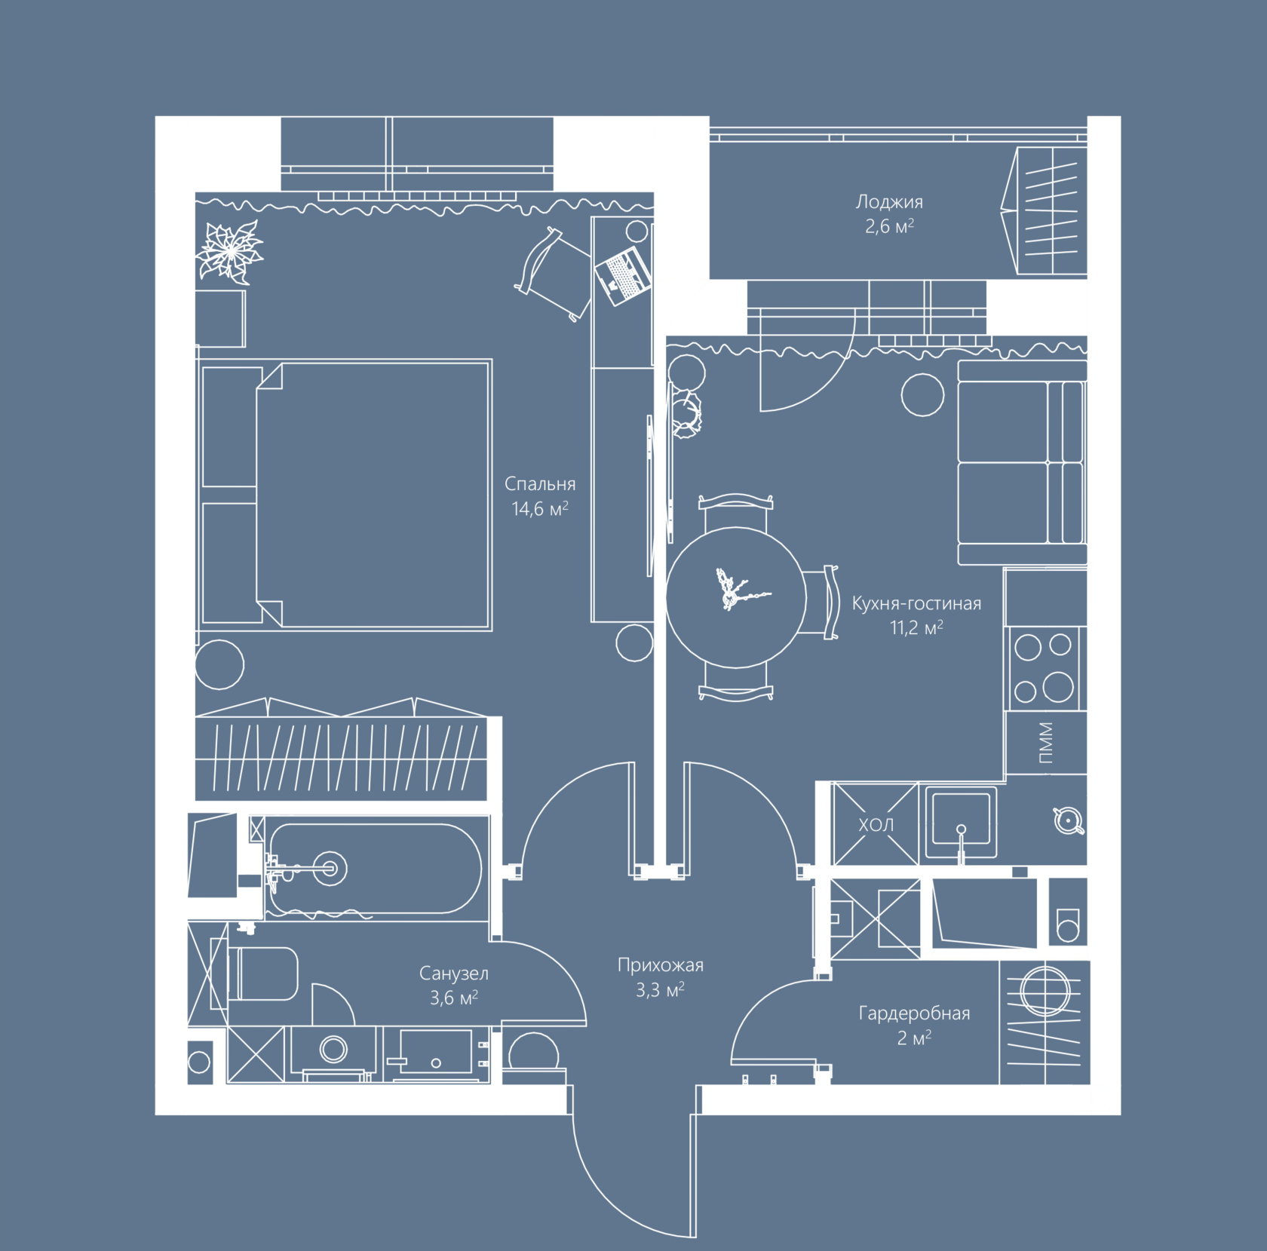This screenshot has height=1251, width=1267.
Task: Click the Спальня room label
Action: tap(539, 484)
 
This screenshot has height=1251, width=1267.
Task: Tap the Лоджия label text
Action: tap(888, 202)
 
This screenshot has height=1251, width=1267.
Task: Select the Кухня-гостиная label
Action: tap(916, 603)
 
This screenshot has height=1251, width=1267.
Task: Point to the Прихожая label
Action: tap(660, 965)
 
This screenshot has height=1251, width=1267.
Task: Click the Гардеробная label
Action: tap(914, 1013)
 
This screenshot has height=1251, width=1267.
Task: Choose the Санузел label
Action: tap(453, 974)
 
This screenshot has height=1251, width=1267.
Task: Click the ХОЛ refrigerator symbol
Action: tap(876, 824)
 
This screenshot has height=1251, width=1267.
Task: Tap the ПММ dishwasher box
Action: tap(1046, 743)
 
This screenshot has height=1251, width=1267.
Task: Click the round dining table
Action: tap(736, 597)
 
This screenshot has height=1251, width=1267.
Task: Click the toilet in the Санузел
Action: tap(264, 974)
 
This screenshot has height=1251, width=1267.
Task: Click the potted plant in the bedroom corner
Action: tap(229, 251)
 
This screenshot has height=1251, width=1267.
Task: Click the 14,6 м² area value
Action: tap(539, 509)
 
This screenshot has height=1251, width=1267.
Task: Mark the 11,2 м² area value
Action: tap(916, 627)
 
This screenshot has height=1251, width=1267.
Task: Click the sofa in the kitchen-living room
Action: tap(1021, 462)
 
